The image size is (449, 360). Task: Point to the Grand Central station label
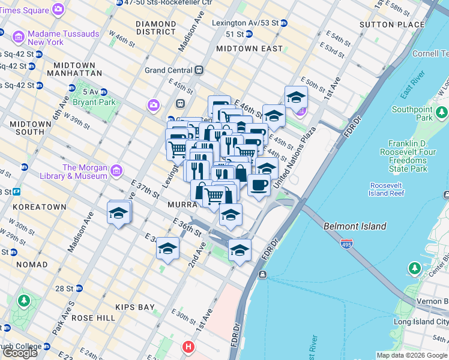click(168, 70)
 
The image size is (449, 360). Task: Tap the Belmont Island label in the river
click(355, 226)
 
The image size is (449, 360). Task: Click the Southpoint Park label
click(412, 113)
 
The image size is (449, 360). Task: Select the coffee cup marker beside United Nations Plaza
click(259, 185)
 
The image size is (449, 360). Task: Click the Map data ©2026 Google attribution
click(412, 355)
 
